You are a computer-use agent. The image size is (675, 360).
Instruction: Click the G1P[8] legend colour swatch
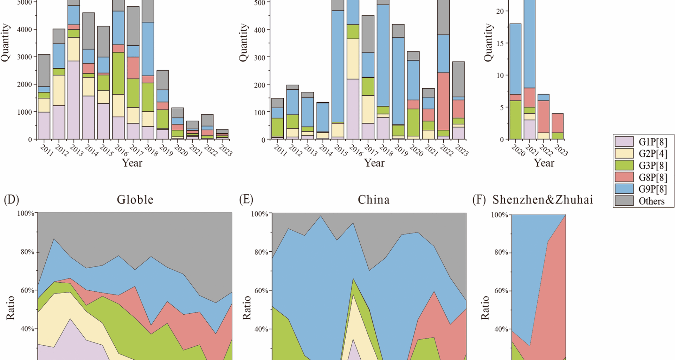tap(624, 142)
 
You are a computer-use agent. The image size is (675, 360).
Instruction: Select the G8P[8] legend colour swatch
tap(624, 177)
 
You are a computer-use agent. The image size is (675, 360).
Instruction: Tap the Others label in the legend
tap(651, 201)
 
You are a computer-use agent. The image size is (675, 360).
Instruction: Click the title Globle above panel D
tap(135, 200)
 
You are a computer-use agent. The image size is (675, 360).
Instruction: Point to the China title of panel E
tap(374, 200)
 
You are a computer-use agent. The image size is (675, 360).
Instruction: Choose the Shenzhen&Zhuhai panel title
tap(542, 200)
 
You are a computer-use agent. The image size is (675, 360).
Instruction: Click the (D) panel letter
tap(11, 200)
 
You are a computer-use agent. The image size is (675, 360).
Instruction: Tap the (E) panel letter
tap(246, 200)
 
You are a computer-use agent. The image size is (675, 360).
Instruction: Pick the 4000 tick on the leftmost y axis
tap(25, 30)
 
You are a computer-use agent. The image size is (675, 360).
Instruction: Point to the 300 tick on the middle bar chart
tap(260, 57)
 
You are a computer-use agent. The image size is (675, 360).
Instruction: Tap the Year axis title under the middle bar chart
tap(374, 163)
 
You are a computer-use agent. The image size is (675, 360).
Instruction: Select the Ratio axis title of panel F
tap(485, 308)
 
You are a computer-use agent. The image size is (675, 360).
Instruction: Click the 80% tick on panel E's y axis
tap(261, 252)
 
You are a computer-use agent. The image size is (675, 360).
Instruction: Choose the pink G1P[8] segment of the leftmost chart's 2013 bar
tap(74, 100)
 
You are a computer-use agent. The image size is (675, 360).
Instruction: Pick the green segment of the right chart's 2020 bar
tap(515, 120)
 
